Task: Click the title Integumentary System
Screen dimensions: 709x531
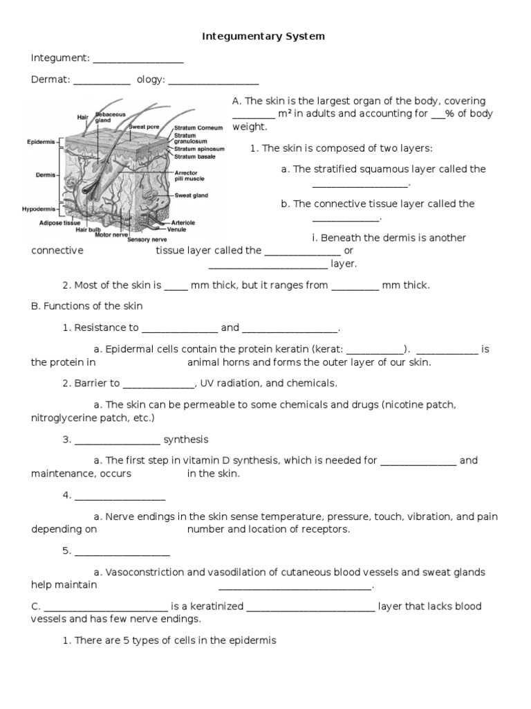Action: (263, 36)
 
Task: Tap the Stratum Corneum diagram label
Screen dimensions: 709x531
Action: (198, 128)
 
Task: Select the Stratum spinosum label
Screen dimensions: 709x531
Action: (199, 149)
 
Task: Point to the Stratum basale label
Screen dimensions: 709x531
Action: (195, 157)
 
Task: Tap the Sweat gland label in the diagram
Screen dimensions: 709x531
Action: (191, 196)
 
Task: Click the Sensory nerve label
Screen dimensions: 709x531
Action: (144, 239)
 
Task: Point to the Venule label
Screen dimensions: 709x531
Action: (181, 228)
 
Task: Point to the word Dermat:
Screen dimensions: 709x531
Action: (50, 80)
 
